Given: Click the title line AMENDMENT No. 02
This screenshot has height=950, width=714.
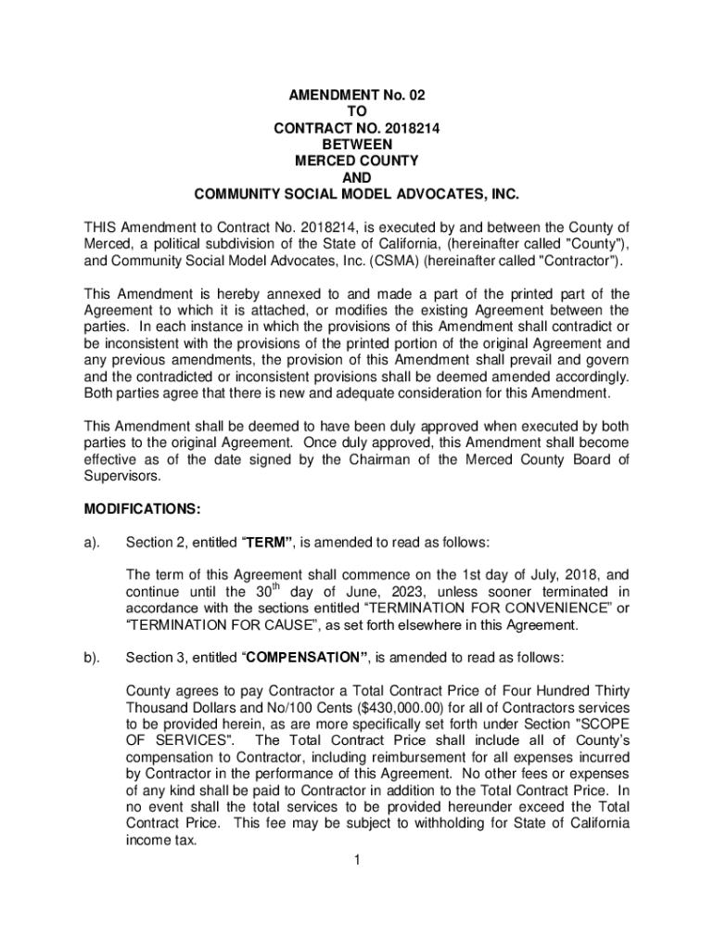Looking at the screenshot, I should click(357, 95).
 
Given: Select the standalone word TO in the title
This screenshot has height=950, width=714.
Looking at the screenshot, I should click(357, 111).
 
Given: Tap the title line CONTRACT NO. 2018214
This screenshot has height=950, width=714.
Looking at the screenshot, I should click(357, 128).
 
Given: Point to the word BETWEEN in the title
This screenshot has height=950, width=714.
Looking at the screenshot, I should click(357, 145).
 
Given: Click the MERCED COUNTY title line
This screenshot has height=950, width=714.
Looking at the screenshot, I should click(357, 161).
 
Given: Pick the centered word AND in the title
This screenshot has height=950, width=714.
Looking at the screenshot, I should click(357, 178).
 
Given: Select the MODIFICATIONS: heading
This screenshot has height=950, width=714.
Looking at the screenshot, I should click(141, 509).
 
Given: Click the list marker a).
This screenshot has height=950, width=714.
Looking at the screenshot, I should click(93, 542).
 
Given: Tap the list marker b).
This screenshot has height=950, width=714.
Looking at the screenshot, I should click(93, 658).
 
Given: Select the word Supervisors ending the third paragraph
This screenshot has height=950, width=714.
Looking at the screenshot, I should click(121, 477).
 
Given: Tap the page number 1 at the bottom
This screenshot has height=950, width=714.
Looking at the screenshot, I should click(356, 860).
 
